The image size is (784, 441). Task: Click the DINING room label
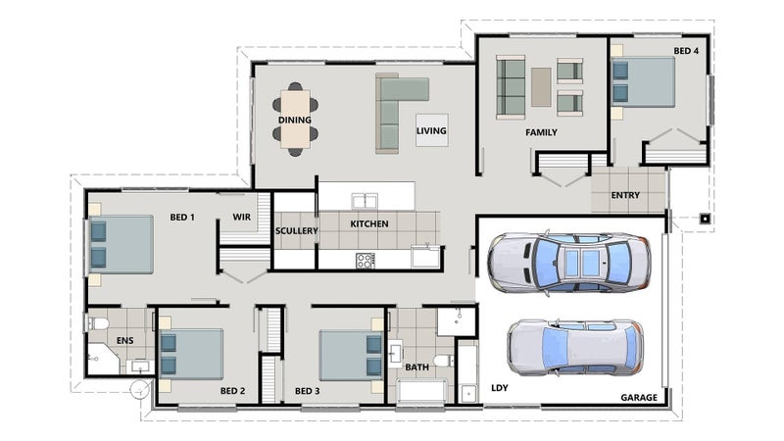pyautogui.click(x=295, y=120)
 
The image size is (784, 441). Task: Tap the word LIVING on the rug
pyautogui.click(x=431, y=131)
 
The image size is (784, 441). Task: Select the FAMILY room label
pyautogui.click(x=541, y=132)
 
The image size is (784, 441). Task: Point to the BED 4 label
pyautogui.click(x=686, y=51)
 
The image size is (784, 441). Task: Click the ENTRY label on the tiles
pyautogui.click(x=625, y=195)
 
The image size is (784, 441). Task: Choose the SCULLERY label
pyautogui.click(x=297, y=231)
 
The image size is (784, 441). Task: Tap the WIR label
pyautogui.click(x=241, y=217)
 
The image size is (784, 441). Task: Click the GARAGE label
pyautogui.click(x=639, y=398)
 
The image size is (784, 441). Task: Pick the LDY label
pyautogui.click(x=500, y=388)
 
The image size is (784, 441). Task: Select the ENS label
pyautogui.click(x=125, y=340)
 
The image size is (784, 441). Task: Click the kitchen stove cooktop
pyautogui.click(x=364, y=261)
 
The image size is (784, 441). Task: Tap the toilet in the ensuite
pyautogui.click(x=99, y=323)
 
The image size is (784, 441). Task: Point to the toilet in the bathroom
pyautogui.click(x=444, y=361)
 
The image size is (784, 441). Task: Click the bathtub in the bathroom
pyautogui.click(x=422, y=391)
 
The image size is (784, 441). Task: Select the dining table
pyautogui.click(x=295, y=119)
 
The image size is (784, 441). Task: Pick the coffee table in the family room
pyautogui.click(x=541, y=87)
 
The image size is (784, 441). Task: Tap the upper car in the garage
pyautogui.click(x=569, y=263)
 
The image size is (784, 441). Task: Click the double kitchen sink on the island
pyautogui.click(x=365, y=201)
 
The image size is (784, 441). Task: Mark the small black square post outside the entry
pyautogui.click(x=705, y=219)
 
